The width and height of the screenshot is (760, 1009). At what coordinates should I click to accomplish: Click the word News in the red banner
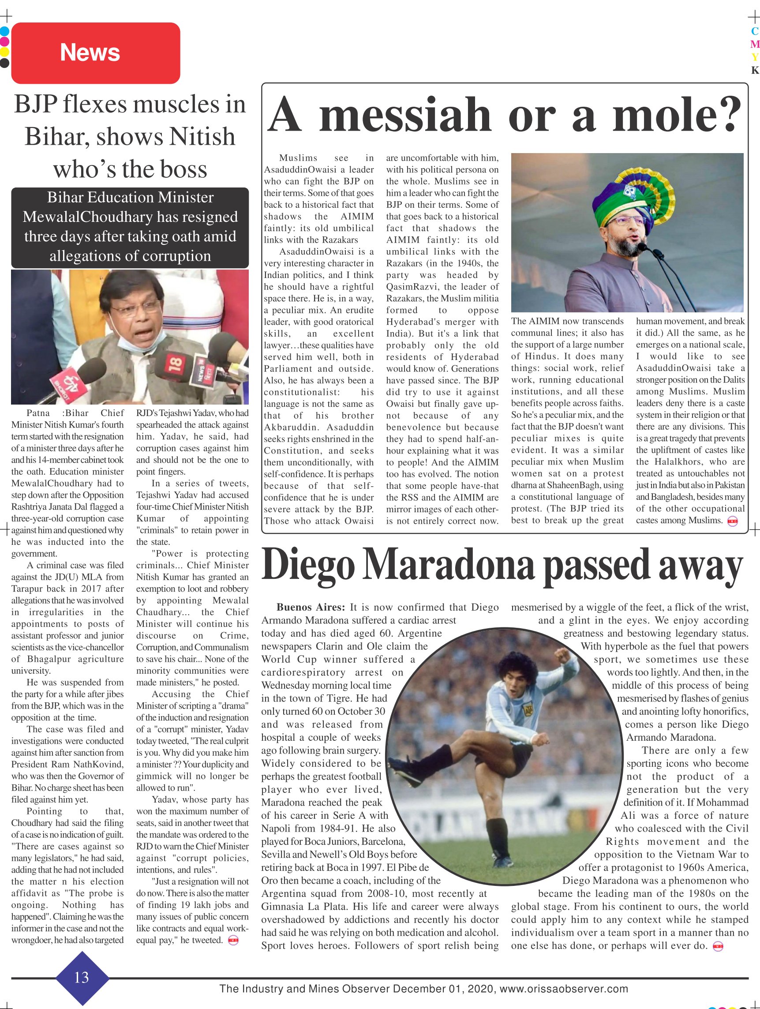click(90, 53)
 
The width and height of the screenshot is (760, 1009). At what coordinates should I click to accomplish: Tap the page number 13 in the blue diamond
click(82, 977)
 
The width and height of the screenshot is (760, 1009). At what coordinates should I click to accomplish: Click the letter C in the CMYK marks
click(755, 31)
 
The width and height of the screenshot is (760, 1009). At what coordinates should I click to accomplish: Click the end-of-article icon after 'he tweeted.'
click(233, 941)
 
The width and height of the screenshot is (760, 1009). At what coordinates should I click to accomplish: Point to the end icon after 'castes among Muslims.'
click(732, 521)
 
